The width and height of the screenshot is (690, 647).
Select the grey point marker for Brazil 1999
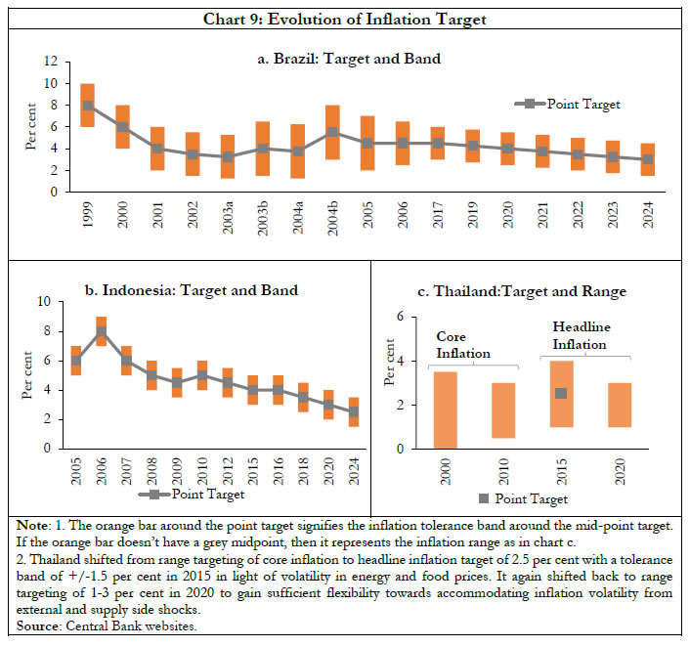(x=87, y=106)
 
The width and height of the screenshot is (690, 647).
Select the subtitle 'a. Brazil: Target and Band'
(x=345, y=59)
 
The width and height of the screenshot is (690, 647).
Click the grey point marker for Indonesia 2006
(x=101, y=331)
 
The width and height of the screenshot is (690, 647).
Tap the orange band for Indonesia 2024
(x=353, y=412)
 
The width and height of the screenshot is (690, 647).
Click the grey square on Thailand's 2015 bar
(x=561, y=393)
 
